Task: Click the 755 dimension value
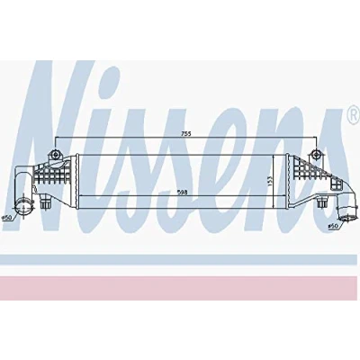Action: (x=186, y=134)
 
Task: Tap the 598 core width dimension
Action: (x=182, y=193)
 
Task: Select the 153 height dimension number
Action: (x=269, y=181)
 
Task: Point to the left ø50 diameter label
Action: (x=6, y=218)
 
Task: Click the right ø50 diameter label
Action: (x=333, y=225)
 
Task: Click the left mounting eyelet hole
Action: (x=56, y=155)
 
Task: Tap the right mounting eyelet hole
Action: (x=316, y=155)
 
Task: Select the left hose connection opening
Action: (x=22, y=208)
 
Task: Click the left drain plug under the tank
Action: (x=45, y=204)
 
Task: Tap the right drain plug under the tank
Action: (x=322, y=203)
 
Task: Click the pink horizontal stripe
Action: (x=180, y=288)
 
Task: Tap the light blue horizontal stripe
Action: (x=180, y=260)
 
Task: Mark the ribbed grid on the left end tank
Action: (x=52, y=174)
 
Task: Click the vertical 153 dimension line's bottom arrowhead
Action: (x=273, y=207)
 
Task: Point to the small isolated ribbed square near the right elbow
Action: (x=336, y=183)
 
